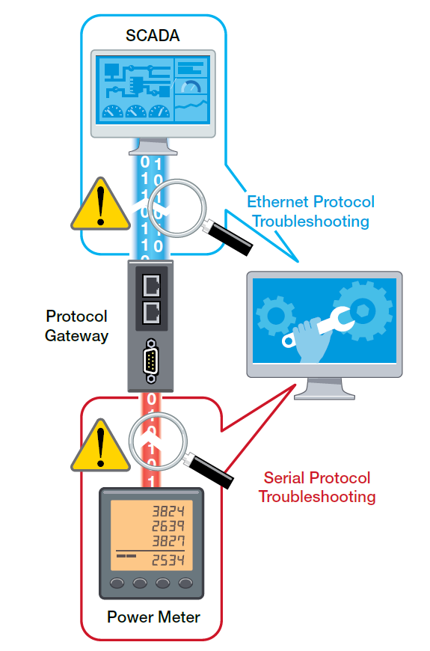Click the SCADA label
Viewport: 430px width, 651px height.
click(153, 36)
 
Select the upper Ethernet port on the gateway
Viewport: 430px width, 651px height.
click(152, 285)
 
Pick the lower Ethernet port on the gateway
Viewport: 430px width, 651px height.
click(152, 313)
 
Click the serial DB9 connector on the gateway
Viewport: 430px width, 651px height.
click(150, 361)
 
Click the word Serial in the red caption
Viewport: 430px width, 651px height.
click(283, 478)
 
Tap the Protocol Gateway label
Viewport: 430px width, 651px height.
click(77, 326)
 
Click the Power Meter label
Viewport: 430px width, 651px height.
click(153, 617)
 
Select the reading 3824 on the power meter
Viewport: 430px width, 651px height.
click(168, 511)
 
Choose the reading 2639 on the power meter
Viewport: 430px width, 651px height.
click(168, 526)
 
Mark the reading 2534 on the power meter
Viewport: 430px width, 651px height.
click(168, 560)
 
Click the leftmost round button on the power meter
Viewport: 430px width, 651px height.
click(117, 584)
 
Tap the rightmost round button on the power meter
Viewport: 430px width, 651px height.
click(186, 584)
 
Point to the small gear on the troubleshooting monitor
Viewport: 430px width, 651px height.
click(276, 316)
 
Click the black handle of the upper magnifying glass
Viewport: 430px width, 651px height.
click(230, 238)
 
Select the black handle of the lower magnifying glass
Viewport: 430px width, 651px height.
click(212, 471)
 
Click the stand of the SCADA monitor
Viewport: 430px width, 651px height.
click(153, 147)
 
